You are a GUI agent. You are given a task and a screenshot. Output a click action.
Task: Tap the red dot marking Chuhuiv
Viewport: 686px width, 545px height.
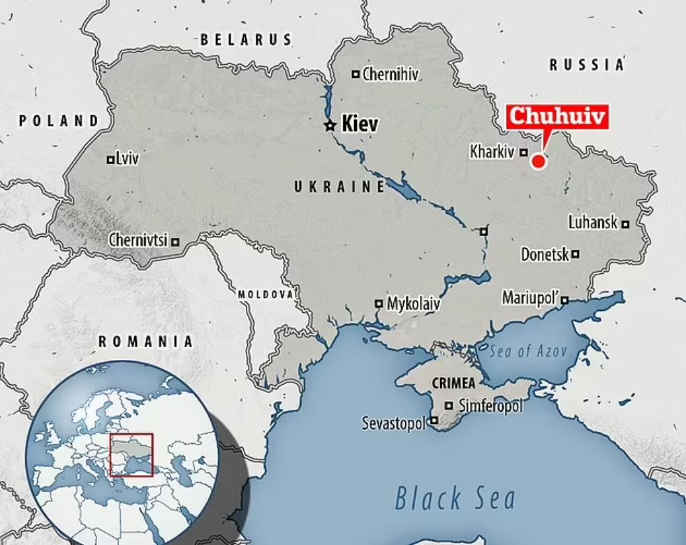(538, 161)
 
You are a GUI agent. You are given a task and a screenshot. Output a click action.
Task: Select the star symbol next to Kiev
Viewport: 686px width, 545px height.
(330, 126)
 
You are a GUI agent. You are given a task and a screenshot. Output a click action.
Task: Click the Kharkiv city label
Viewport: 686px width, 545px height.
(492, 152)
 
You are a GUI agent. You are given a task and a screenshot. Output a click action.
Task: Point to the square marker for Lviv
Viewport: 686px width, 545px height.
(110, 160)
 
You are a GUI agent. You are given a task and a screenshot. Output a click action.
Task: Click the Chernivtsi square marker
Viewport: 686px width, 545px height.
(175, 242)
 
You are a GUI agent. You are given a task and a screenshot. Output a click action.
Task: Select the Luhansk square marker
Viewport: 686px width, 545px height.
(626, 224)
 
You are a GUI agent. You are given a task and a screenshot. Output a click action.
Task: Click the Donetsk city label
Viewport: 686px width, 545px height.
(545, 255)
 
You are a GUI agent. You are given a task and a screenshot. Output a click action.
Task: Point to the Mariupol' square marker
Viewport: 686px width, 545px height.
(564, 300)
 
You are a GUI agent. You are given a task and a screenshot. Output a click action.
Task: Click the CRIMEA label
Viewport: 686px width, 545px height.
(453, 384)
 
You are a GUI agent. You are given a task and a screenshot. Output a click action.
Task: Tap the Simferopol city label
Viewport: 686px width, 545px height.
(490, 405)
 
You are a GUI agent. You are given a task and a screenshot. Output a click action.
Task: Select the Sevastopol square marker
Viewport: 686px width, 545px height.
(435, 421)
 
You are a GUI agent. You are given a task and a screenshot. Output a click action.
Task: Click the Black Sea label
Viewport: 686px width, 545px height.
(455, 499)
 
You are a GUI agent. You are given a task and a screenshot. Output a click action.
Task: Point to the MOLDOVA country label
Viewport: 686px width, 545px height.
(265, 294)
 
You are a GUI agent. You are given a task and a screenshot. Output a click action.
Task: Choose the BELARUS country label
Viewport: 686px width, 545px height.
(246, 40)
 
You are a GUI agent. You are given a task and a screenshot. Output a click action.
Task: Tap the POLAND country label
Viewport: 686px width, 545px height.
(59, 121)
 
